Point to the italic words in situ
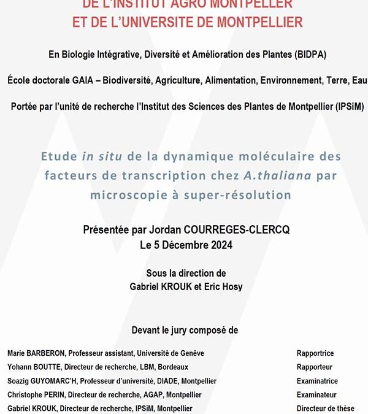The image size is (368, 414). pos(94,156)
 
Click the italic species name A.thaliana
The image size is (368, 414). pos(277,175)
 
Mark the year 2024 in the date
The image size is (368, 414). pos(221,245)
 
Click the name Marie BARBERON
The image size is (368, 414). pos(36,353)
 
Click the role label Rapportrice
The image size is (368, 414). pos(315,353)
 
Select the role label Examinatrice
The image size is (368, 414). pos(317,381)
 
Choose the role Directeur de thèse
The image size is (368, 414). pos(325,408)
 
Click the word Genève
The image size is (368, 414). pos(190,353)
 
